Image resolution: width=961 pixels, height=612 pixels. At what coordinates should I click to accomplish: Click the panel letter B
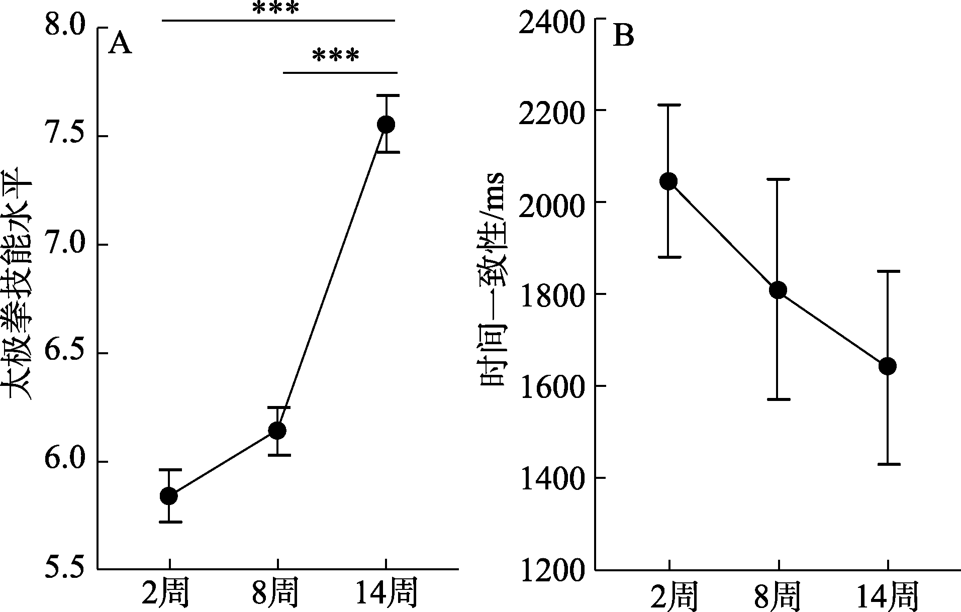click(624, 37)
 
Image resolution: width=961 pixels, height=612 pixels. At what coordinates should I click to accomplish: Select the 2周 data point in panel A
click(168, 496)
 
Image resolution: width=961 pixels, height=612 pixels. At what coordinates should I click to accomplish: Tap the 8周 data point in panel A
click(277, 430)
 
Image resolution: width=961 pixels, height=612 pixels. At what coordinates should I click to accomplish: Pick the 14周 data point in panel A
click(386, 124)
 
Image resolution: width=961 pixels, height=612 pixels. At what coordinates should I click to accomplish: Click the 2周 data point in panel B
click(668, 181)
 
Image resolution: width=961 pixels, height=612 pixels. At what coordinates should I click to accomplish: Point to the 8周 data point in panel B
click(778, 290)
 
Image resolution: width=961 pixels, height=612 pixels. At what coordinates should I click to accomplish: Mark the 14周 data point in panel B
click(888, 366)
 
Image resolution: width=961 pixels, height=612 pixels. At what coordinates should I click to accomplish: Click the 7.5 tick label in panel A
click(64, 136)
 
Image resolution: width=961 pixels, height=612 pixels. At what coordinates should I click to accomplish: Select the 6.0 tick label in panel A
click(64, 462)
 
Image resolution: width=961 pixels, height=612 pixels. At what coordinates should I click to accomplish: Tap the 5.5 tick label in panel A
click(64, 570)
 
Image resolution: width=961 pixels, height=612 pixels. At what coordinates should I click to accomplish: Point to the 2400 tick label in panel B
click(551, 20)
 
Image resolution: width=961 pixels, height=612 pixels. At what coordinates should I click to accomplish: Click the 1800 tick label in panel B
click(551, 294)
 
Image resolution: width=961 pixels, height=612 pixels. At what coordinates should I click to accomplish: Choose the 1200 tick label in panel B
click(551, 570)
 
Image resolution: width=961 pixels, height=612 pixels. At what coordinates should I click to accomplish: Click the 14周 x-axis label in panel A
click(386, 594)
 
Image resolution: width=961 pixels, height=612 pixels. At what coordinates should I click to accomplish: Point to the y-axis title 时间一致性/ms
click(493, 279)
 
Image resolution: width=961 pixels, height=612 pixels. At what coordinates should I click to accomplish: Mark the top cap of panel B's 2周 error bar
click(668, 105)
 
